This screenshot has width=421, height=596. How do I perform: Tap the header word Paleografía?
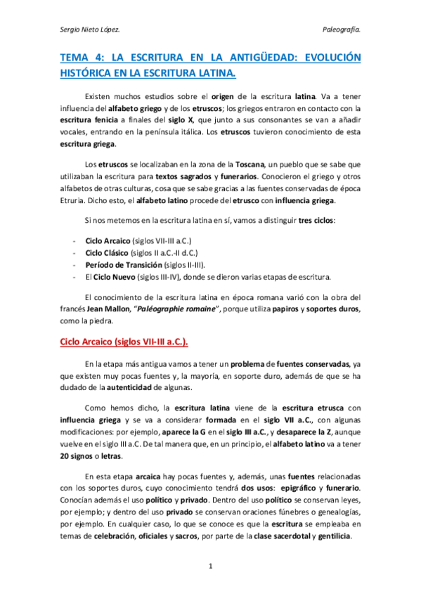click(341, 30)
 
